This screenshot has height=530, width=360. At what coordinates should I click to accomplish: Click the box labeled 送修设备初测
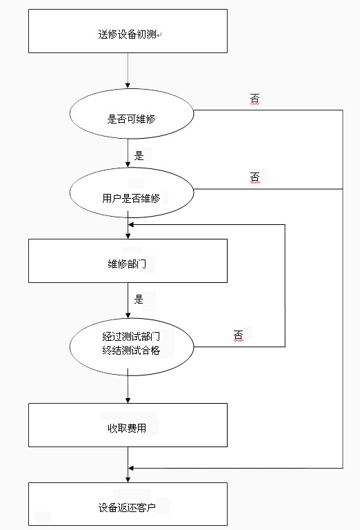point(128,31)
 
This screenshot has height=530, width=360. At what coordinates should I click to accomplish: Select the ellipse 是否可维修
point(132,114)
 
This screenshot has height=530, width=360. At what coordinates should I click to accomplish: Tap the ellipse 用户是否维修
point(132,193)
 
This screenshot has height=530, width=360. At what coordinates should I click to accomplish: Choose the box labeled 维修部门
point(128,261)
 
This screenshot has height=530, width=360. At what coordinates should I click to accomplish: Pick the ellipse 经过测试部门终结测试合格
point(132,347)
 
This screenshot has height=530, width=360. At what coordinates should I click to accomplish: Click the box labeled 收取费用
point(128,425)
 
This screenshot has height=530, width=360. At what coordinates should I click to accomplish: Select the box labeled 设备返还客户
point(128,504)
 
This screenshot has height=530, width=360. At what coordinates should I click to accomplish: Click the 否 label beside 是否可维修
point(255,99)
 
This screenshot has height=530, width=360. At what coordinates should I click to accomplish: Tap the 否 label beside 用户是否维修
point(255,177)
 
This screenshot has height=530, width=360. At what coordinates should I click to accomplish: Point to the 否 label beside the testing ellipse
point(239,335)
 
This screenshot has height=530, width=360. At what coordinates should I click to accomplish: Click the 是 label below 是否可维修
point(139,155)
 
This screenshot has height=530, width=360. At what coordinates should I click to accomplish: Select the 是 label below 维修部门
point(139,299)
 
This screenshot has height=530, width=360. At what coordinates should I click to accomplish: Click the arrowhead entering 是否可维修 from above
point(128,86)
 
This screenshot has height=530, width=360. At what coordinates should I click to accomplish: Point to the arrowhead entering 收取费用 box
point(128,400)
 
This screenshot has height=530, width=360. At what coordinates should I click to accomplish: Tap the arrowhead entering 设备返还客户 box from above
point(128,480)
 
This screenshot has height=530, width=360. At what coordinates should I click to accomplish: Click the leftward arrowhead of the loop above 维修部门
point(131,224)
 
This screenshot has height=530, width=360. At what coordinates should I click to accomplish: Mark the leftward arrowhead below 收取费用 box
point(131,468)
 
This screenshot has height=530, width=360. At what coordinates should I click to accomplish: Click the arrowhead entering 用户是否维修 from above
point(128,165)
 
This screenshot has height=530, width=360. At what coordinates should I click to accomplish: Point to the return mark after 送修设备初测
point(159,35)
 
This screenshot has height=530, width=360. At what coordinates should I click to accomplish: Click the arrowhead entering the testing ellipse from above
point(128,315)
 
